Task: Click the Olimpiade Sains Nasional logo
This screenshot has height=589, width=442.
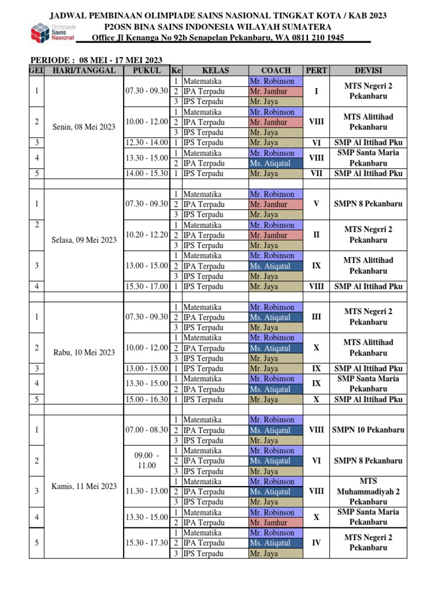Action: pyautogui.click(x=52, y=33)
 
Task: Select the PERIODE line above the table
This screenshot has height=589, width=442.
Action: pyautogui.click(x=96, y=60)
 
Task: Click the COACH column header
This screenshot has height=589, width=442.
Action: pyautogui.click(x=276, y=71)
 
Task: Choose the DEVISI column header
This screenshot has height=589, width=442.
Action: pyautogui.click(x=368, y=71)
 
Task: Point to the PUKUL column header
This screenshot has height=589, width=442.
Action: pyautogui.click(x=147, y=71)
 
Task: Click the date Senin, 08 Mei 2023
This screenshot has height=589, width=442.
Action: pyautogui.click(x=84, y=127)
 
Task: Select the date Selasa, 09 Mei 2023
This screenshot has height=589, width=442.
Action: pyautogui.click(x=84, y=240)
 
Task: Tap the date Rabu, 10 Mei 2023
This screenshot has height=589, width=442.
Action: pyautogui.click(x=84, y=353)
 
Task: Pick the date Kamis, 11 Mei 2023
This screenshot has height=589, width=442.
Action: pyautogui.click(x=84, y=486)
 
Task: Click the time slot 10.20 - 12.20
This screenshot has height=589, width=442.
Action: pyautogui.click(x=147, y=235)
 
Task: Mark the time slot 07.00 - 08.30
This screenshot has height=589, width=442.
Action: pyautogui.click(x=147, y=430)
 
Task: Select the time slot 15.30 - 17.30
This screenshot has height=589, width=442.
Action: pyautogui.click(x=147, y=542)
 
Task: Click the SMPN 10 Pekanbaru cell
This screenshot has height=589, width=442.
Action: pyautogui.click(x=368, y=430)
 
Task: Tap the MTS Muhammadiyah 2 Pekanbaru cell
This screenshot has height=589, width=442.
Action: pyautogui.click(x=368, y=491)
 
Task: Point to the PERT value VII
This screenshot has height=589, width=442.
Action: pyautogui.click(x=316, y=173)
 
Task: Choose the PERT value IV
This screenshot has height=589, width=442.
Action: pyautogui.click(x=316, y=542)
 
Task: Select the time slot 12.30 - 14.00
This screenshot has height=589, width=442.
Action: pyautogui.click(x=147, y=143)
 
